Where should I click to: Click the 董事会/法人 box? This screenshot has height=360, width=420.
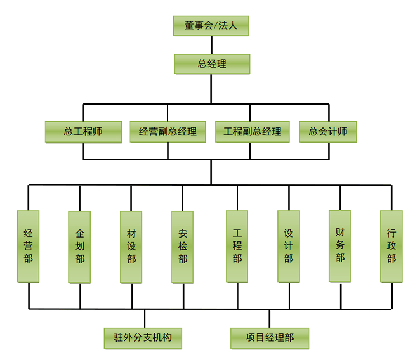(211, 26)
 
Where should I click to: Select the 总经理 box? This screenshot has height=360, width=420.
(211, 64)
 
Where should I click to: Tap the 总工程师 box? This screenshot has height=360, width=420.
(83, 132)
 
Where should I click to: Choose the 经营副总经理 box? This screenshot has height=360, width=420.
(168, 132)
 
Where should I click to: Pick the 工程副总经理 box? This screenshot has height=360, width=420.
(252, 132)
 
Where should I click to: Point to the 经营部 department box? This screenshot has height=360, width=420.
(29, 247)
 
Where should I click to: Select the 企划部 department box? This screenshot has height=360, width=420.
(80, 247)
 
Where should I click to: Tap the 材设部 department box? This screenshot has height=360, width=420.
(131, 247)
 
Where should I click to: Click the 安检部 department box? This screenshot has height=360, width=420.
(182, 247)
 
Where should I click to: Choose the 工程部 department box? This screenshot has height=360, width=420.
(237, 247)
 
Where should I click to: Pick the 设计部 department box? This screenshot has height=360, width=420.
(289, 247)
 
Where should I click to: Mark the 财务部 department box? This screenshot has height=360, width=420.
(340, 246)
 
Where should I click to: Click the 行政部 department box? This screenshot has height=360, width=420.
(391, 247)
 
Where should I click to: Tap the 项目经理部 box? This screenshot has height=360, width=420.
(270, 338)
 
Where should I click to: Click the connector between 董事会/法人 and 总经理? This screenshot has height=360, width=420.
(211, 45)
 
